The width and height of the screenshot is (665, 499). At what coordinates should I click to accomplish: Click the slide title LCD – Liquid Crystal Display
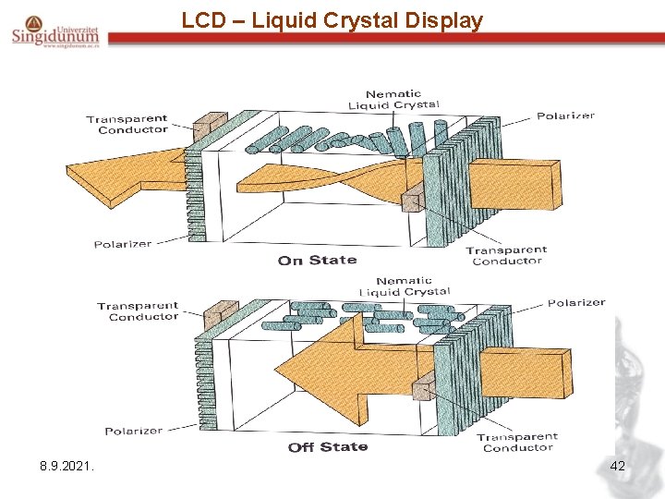332,20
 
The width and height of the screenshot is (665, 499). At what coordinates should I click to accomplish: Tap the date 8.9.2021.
66,467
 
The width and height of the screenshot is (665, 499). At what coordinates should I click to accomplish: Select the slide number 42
617,467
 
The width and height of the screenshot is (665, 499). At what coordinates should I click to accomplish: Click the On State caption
317,261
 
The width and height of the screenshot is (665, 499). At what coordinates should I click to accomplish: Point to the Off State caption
328,447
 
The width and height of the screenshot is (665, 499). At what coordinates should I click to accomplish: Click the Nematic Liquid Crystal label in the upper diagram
393,100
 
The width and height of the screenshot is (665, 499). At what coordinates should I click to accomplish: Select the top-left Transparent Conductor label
127,124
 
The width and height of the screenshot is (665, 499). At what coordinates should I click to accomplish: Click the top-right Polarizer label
565,116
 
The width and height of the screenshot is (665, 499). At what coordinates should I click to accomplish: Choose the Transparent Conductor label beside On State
506,255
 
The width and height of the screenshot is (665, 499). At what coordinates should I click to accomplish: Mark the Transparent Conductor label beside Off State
517,442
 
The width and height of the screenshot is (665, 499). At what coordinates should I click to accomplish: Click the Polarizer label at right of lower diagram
576,303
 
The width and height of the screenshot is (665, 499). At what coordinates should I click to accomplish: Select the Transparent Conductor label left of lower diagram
139,311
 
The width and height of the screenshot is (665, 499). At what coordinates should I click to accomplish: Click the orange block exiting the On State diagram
514,185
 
